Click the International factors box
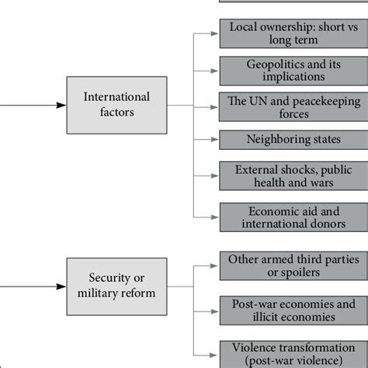117,105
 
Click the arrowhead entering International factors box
62,105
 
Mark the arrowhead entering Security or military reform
62,286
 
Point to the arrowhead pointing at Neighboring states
214,141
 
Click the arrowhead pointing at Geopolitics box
214,70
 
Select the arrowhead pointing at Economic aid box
214,217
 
